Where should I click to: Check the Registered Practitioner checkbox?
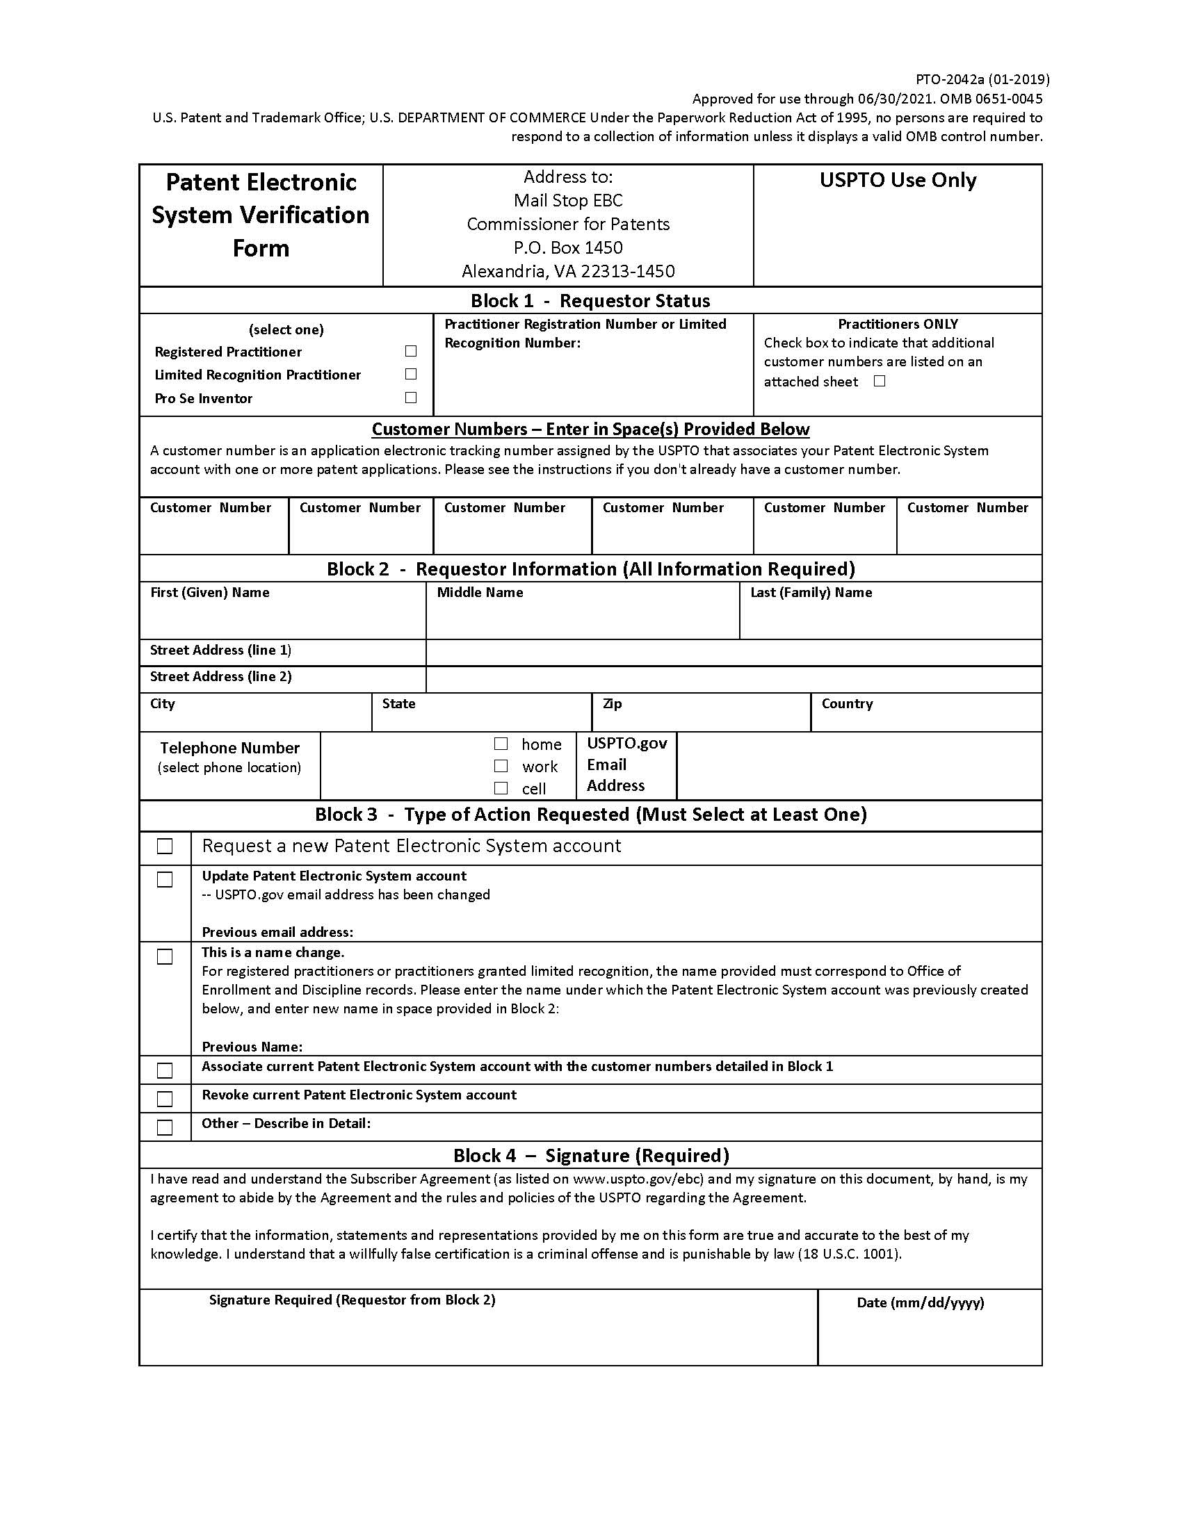click(x=411, y=351)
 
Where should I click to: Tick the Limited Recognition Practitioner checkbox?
click(x=411, y=374)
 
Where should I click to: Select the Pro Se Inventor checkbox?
click(x=411, y=398)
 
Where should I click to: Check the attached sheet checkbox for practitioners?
click(x=880, y=381)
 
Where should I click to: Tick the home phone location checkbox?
click(x=501, y=744)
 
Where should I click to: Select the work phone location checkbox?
click(x=501, y=766)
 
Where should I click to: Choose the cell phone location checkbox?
click(x=501, y=788)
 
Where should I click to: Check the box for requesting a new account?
click(x=165, y=847)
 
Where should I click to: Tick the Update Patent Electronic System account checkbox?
click(x=165, y=879)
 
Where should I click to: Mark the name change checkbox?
click(x=165, y=956)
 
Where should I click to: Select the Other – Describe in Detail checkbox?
click(x=165, y=1127)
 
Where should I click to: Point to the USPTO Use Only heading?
click(x=898, y=181)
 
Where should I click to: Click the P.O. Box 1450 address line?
click(x=568, y=247)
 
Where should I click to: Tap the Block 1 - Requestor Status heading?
click(x=590, y=301)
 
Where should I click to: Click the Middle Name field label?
click(x=480, y=592)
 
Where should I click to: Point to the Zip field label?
click(x=612, y=703)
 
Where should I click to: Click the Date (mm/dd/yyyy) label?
click(x=920, y=1302)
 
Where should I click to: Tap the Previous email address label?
click(x=277, y=932)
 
